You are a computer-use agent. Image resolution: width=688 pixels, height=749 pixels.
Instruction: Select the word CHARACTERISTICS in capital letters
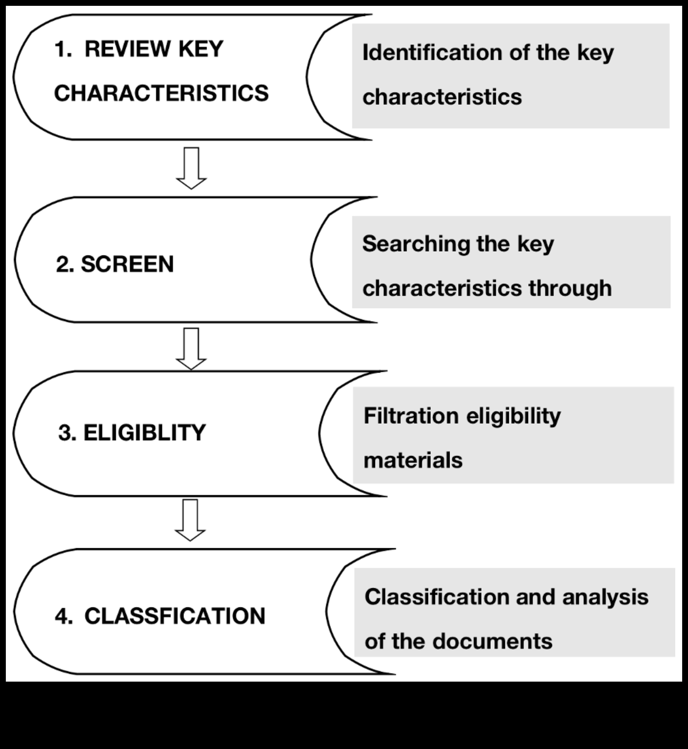[x=161, y=93]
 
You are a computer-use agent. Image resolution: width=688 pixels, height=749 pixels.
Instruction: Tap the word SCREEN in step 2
[x=127, y=264]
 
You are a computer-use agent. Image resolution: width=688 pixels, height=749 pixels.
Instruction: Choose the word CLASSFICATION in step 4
[x=175, y=616]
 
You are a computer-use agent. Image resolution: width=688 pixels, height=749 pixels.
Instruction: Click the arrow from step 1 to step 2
[x=191, y=168]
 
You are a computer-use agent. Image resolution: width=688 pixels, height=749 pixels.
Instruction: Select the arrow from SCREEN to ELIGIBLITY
[x=191, y=349]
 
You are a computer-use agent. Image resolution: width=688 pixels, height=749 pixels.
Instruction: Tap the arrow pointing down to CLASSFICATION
[x=190, y=520]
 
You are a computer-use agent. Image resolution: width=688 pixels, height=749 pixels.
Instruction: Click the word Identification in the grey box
[x=432, y=52]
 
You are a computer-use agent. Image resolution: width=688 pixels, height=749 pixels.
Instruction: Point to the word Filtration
[x=411, y=416]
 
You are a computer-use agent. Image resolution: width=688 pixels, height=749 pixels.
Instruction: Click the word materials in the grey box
[x=413, y=460]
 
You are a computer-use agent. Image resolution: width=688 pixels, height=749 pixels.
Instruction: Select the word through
[x=570, y=289]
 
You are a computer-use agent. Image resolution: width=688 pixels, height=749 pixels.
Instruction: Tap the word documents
[x=492, y=641]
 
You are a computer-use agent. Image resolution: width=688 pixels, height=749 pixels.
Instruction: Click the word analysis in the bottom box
[x=605, y=597]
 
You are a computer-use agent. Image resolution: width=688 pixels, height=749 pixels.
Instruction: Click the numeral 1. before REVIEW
[x=63, y=49]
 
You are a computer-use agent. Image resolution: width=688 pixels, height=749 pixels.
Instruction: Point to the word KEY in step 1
[x=201, y=49]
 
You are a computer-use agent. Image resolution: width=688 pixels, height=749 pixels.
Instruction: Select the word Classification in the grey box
[x=437, y=597]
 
